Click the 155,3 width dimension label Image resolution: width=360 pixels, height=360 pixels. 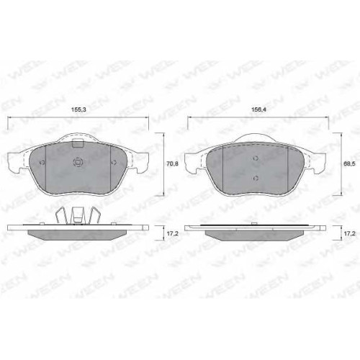tap(79, 109)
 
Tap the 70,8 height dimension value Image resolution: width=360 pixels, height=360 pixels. tap(171, 164)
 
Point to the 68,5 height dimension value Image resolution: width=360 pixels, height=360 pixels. tap(350, 163)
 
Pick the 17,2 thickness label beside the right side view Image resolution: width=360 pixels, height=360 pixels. tap(349, 233)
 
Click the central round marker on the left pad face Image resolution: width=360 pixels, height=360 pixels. tap(78, 163)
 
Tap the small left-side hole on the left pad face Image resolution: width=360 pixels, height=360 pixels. tap(42, 163)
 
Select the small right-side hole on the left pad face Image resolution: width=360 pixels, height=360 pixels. tap(114, 163)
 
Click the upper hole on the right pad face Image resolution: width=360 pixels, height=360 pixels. tap(256, 158)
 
